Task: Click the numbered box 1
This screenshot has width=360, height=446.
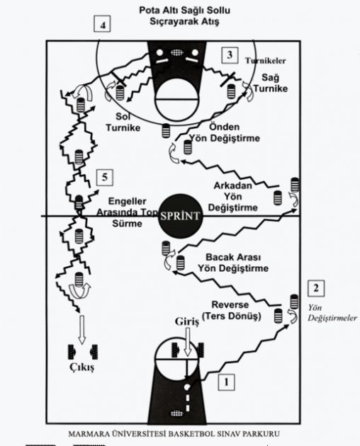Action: (227, 382)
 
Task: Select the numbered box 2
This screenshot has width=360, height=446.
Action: (316, 288)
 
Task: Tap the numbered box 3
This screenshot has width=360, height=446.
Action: (230, 55)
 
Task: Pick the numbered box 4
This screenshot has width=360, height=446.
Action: (102, 24)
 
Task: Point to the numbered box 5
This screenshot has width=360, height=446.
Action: (105, 178)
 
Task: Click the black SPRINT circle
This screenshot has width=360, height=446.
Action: (180, 215)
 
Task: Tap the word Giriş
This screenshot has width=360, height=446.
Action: (187, 321)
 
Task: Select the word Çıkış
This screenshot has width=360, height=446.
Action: (81, 367)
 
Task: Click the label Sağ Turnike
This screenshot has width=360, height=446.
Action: (271, 83)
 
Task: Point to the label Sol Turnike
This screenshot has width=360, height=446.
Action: (123, 122)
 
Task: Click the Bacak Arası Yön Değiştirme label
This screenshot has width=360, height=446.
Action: (233, 263)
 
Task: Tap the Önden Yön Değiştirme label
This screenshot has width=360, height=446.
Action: (225, 132)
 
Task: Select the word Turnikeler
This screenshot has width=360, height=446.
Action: (266, 61)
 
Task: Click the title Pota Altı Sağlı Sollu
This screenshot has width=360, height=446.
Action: (184, 11)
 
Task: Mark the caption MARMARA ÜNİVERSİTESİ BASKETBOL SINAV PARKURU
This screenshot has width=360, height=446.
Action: (174, 434)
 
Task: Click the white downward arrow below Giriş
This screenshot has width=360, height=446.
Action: (187, 341)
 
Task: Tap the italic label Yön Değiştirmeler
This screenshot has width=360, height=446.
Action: (332, 313)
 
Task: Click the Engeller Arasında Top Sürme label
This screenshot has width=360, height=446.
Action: (127, 212)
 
